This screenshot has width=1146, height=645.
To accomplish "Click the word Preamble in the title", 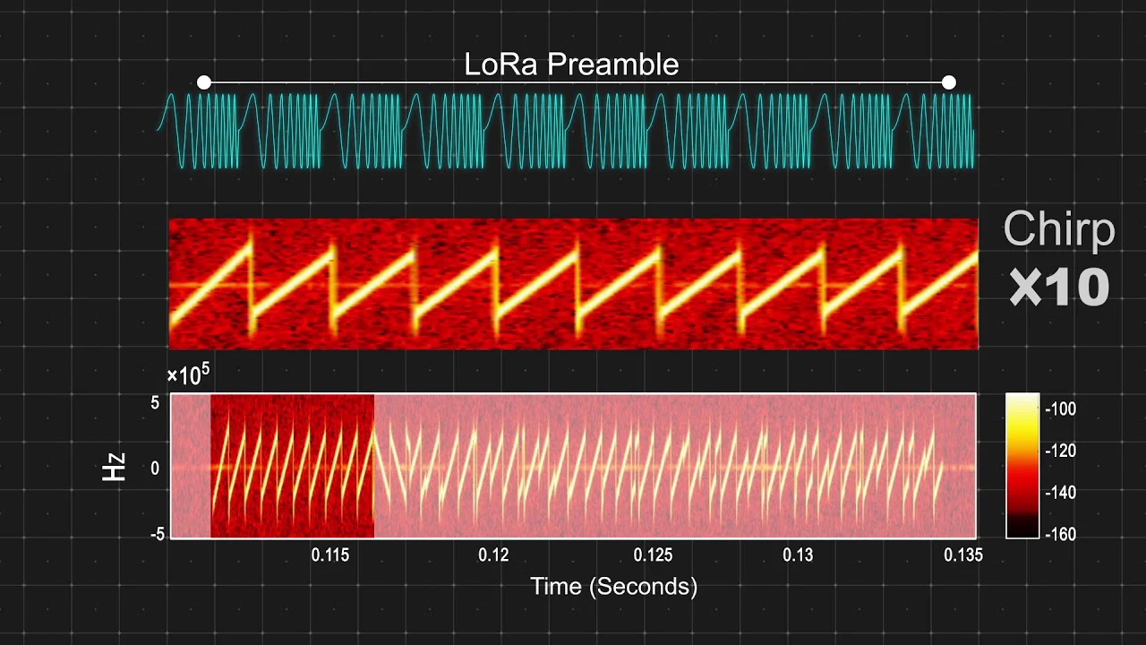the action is (x=613, y=64).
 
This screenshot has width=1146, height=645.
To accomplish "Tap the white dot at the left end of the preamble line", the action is (x=203, y=82).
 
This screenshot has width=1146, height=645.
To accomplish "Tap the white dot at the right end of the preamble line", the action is (x=948, y=82).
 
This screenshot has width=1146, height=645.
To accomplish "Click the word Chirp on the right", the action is (x=1059, y=229).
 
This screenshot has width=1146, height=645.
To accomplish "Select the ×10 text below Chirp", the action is (x=1059, y=288).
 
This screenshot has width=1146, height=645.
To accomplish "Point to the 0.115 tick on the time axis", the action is (x=330, y=555).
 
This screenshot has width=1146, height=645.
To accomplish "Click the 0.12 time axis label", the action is (x=493, y=555).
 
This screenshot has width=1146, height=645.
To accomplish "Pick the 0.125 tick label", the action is (x=653, y=555).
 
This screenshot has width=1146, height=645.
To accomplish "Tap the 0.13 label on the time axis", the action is (x=798, y=555).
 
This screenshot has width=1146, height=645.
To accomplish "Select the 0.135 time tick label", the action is (x=963, y=555).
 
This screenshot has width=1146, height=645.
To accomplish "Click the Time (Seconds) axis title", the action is (x=614, y=587).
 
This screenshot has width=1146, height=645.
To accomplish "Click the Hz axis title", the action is (x=114, y=467).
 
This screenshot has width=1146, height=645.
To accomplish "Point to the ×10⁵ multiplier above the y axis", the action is (x=188, y=375).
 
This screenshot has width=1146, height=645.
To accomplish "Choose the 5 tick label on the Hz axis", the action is (x=155, y=403).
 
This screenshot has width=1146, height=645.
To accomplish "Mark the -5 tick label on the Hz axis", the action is (x=158, y=535).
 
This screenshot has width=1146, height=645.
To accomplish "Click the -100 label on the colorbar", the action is (x=1061, y=409).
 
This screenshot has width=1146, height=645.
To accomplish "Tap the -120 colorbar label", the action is (x=1061, y=451).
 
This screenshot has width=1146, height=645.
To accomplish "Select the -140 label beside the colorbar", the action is (x=1061, y=493).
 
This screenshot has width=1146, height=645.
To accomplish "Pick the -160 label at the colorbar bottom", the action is (x=1061, y=535).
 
